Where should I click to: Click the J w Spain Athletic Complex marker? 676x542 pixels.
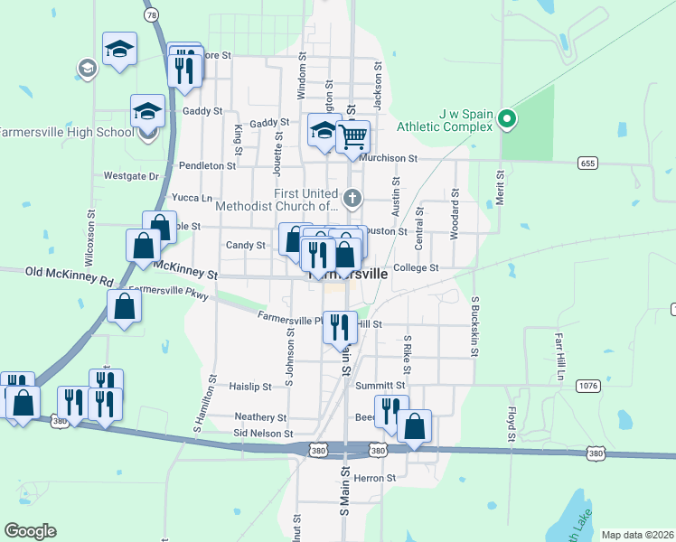[x=507, y=119]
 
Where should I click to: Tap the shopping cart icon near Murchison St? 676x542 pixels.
[x=353, y=136]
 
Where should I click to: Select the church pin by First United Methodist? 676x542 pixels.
[x=353, y=197]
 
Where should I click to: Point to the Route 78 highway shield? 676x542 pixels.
[x=150, y=15]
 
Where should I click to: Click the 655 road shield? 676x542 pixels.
[x=588, y=163]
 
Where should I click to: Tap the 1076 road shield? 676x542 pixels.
[x=587, y=386]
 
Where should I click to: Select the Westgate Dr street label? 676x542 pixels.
[x=131, y=176]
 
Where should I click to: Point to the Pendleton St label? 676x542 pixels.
[x=207, y=166]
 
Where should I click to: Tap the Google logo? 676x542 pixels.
[x=30, y=531]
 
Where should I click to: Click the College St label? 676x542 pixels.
[x=416, y=267]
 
